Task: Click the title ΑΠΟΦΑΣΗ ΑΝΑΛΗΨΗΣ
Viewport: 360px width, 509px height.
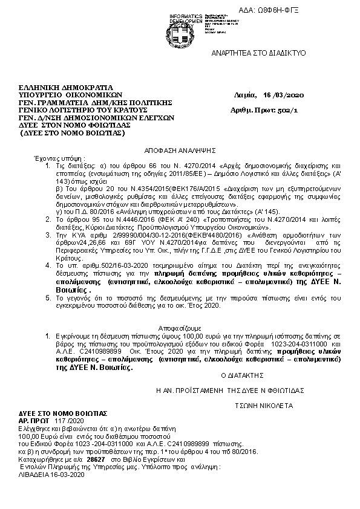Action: pos(180,149)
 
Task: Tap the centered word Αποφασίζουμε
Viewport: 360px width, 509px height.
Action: pos(180,326)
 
